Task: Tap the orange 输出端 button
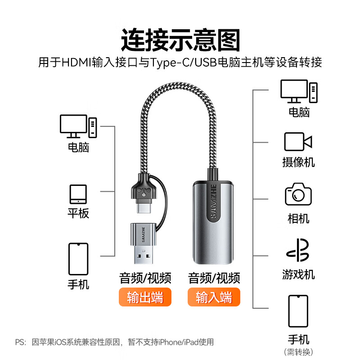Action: click(145, 297)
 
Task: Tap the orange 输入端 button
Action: click(214, 297)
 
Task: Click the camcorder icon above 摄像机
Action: click(298, 142)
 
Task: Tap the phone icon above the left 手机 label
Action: click(78, 259)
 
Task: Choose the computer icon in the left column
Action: click(78, 126)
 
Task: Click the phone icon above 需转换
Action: click(298, 311)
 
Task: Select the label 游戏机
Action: click(298, 274)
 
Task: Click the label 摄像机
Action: click(298, 162)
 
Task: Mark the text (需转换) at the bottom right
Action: click(298, 351)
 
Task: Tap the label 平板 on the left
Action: click(78, 213)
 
